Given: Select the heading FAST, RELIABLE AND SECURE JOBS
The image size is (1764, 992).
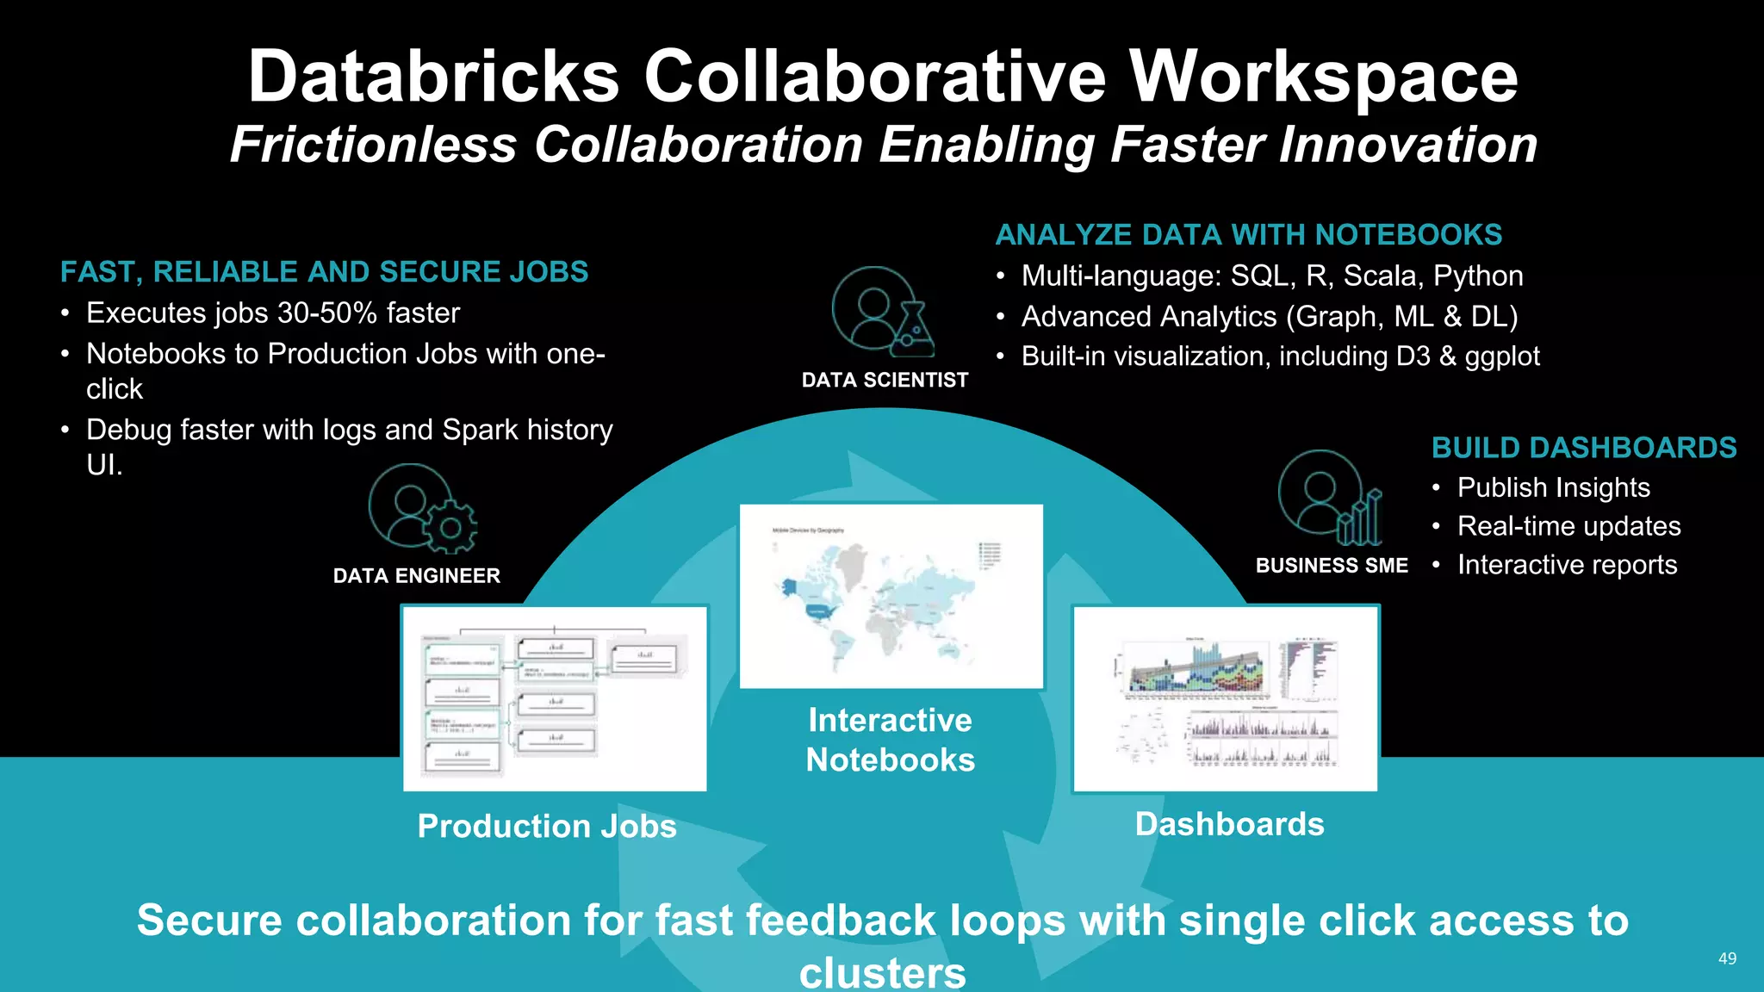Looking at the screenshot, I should point(324,272).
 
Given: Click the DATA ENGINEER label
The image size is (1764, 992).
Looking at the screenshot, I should point(416,576).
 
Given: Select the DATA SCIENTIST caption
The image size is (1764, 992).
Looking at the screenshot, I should point(885,380).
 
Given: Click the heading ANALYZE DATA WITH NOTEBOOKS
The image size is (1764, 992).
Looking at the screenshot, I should point(1248,235).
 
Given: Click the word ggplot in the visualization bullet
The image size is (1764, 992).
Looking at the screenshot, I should point(1501,356).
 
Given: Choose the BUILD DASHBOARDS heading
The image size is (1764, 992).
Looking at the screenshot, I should point(1583,448).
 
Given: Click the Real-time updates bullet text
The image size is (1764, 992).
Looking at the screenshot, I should point(1568,526).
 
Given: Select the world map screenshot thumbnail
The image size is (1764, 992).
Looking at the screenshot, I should point(891,596).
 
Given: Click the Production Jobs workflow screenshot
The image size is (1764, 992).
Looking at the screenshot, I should point(555,698).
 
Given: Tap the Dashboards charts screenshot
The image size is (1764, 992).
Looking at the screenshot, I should point(1225,698).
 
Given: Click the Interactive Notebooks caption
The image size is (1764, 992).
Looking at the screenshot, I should point(890,740).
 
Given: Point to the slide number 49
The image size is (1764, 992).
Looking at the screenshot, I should point(1727,958).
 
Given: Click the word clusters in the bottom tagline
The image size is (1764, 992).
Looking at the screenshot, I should point(882,972).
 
